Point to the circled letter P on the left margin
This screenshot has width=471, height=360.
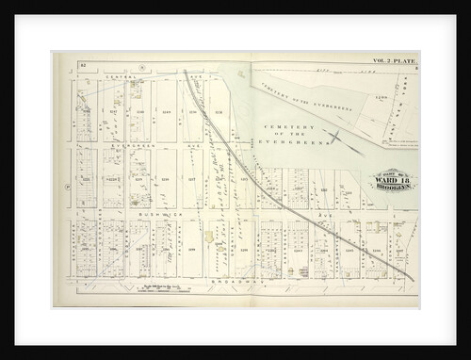(x=67, y=187)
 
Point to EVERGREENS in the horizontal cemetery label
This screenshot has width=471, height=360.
(x=298, y=139)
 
